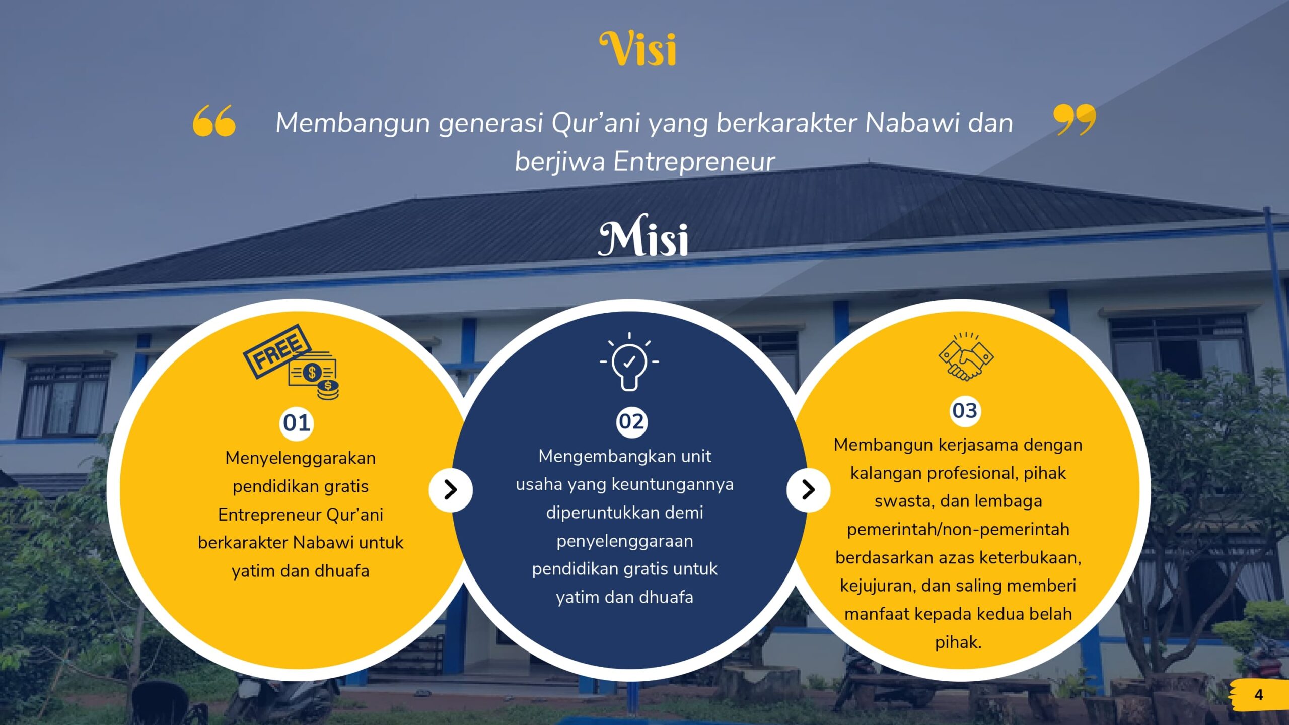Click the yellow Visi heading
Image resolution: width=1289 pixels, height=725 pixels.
pos(638,49)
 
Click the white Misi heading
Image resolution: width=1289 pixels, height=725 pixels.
pos(643,236)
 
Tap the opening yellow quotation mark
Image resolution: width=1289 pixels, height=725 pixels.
pos(214,121)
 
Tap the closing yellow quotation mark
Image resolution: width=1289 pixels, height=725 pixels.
pos(1075,120)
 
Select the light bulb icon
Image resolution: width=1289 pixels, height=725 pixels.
pos(629,361)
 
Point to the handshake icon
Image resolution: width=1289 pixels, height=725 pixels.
pos(966,356)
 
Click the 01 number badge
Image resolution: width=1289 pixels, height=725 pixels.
pos(297,423)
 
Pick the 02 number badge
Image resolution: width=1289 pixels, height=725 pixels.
pos(631,422)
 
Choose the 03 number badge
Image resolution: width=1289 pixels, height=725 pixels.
pos(965,410)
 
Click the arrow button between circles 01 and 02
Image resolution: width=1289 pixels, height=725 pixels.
pos(451,490)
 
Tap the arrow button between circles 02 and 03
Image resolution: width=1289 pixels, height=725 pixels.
pos(808,490)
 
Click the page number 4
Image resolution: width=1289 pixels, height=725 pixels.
pos(1259,695)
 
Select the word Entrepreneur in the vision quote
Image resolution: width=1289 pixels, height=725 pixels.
pos(694,162)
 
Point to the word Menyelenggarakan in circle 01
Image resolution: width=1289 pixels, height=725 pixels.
pos(301,459)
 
